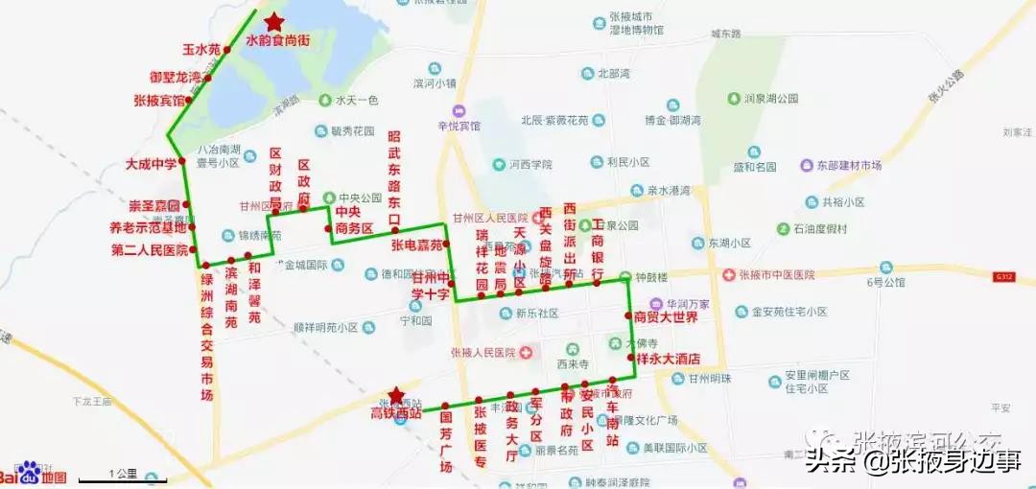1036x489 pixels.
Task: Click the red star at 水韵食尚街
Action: (x=274, y=21)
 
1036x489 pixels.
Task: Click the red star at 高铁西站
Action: (x=395, y=395)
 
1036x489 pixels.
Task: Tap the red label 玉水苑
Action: (x=201, y=49)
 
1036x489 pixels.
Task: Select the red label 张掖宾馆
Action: (x=159, y=100)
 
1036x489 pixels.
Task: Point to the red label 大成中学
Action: (x=152, y=164)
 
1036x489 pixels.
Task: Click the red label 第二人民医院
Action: (x=150, y=250)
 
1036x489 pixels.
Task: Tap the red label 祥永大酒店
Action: (x=669, y=359)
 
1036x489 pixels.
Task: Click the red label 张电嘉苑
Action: (x=416, y=244)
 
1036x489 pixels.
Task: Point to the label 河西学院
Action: (x=529, y=164)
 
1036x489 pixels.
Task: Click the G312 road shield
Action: (x=1004, y=276)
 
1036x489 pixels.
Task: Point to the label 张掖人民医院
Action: (x=483, y=352)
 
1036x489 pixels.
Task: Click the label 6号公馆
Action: (x=886, y=282)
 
